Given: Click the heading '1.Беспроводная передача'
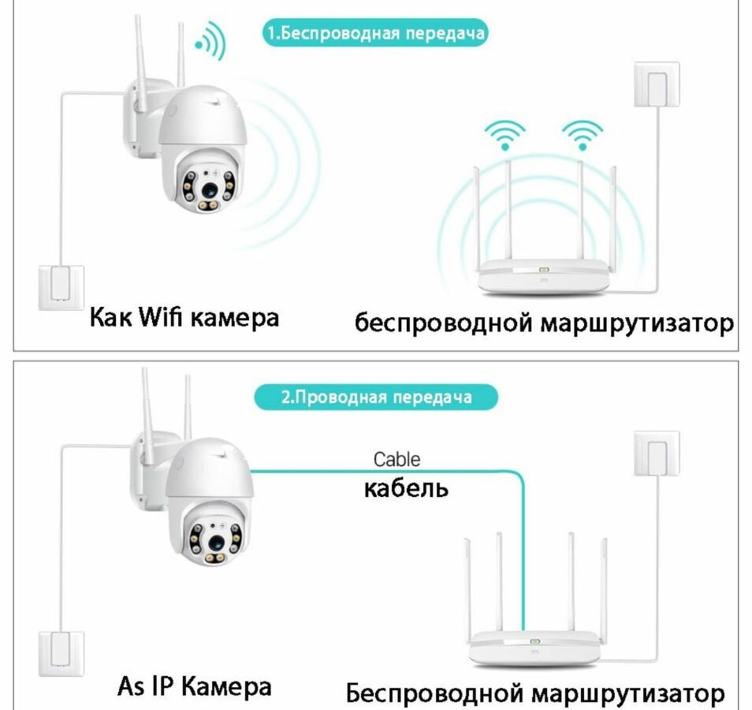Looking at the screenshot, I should point(374,34).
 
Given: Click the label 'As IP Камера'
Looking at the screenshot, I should point(194,685).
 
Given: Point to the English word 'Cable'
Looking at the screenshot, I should point(396,459).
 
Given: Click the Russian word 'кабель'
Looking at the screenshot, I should point(405,488).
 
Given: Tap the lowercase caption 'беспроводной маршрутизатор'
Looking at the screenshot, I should point(544,322).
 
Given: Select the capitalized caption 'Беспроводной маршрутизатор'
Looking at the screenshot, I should point(534,693).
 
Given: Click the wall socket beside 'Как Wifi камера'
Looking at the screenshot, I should point(61,286).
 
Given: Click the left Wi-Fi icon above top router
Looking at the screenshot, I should point(504,134).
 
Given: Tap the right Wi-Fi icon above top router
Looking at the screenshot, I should point(582,134).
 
